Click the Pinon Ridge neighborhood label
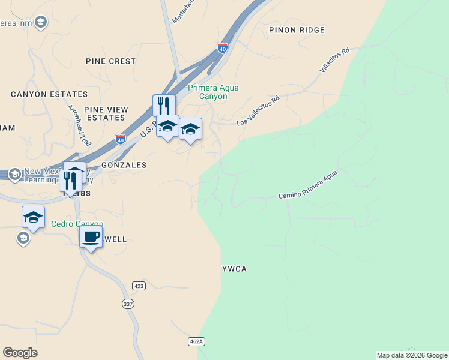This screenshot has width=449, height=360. coord(297,29)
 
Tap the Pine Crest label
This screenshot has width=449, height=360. coord(111,61)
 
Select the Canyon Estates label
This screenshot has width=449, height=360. coord(49,94)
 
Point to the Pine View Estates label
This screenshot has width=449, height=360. coord(106,113)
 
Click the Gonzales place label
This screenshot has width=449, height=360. coord(124,164)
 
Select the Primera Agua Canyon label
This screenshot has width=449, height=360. coord(213,92)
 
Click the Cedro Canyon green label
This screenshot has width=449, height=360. coord(77,224)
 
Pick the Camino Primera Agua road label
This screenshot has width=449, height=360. coord(308,185)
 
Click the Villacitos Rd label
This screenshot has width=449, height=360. coord(334,61)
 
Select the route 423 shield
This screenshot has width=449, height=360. coord(139,286)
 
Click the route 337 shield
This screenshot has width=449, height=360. coord(128,304)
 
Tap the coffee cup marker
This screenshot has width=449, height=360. coord(91,237)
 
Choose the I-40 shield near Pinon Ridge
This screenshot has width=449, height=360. coord(223,47)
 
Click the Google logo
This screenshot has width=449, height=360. coord(20,353)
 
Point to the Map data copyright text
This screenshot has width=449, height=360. coord(412,355)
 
